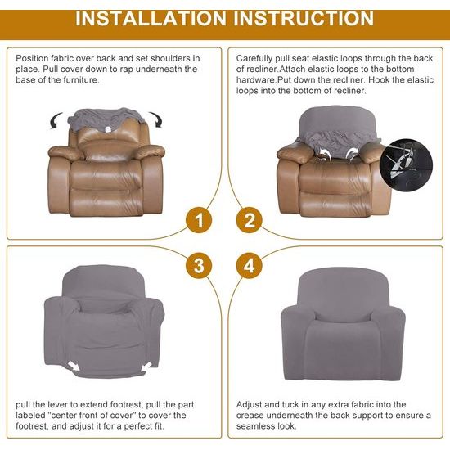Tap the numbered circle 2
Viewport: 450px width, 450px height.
point(250,220)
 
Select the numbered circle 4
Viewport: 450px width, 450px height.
point(250,265)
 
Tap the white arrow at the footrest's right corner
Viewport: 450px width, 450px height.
point(148,366)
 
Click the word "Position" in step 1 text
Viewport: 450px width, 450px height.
point(34,59)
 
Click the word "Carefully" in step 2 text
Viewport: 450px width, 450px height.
point(256,59)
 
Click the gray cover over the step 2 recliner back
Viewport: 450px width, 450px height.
point(326,123)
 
